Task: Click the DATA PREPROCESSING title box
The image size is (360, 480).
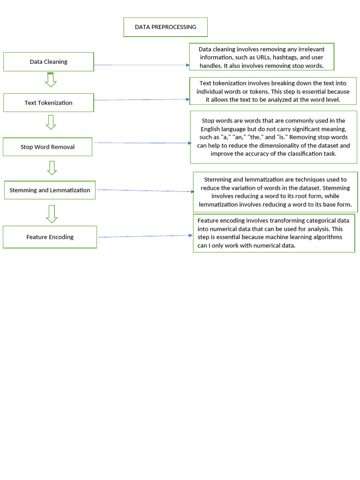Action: [165, 27]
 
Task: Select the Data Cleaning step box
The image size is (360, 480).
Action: [49, 62]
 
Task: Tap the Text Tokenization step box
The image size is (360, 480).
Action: [49, 103]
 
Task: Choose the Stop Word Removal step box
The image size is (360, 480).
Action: [47, 147]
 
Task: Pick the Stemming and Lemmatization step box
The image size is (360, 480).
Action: [50, 190]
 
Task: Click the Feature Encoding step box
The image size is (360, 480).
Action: [50, 237]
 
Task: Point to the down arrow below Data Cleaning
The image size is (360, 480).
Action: [51, 80]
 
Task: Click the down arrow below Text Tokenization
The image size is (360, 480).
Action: [51, 122]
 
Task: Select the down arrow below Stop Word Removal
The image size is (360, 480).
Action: [52, 168]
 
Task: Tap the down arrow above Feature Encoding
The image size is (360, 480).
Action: [52, 214]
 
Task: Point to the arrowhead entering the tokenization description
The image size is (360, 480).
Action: [187, 99]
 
